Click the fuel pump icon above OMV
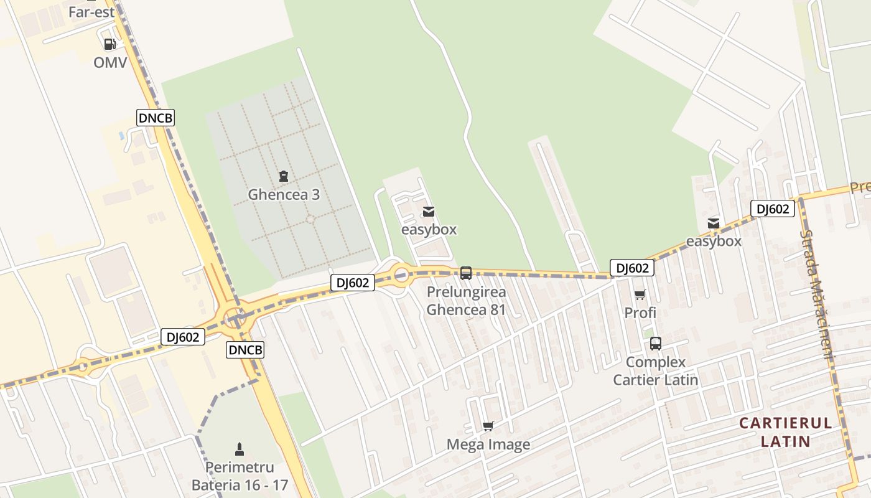click(x=109, y=44)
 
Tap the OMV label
click(x=110, y=62)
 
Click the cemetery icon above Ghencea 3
click(x=284, y=176)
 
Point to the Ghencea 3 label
click(x=284, y=194)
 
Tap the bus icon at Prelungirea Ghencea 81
click(x=465, y=273)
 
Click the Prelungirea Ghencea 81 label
click(x=466, y=301)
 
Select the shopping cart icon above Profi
click(x=640, y=294)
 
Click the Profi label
click(x=640, y=312)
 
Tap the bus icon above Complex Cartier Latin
click(x=656, y=344)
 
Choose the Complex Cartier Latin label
click(x=656, y=370)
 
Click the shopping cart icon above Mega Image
click(x=488, y=426)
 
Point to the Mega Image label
click(x=488, y=444)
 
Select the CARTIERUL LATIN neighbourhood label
click(x=785, y=432)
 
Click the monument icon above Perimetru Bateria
click(x=240, y=449)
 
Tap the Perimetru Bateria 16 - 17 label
click(x=240, y=476)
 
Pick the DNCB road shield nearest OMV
click(x=156, y=118)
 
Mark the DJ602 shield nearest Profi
click(x=632, y=268)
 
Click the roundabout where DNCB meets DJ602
click(x=235, y=317)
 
